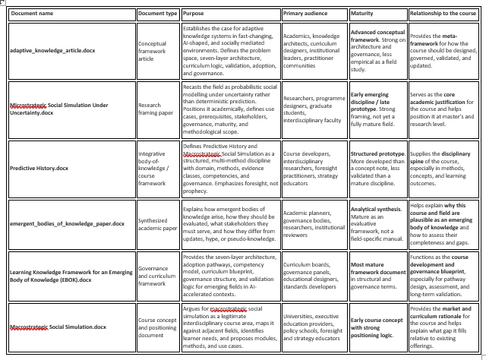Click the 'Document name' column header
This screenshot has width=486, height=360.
33,14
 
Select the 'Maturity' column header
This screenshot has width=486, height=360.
363,14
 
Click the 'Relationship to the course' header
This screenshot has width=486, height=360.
443,14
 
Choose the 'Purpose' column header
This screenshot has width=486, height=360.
194,14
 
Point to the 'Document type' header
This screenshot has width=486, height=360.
158,14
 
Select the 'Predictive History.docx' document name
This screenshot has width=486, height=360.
39,168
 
